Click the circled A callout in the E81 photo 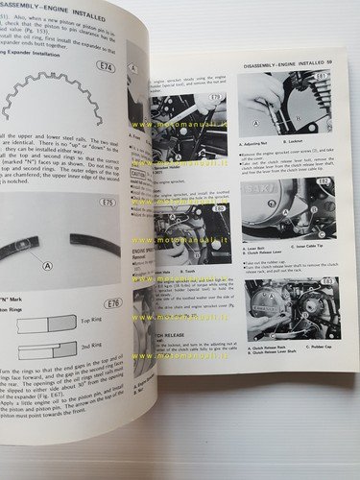pyautogui.click(x=255, y=122)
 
